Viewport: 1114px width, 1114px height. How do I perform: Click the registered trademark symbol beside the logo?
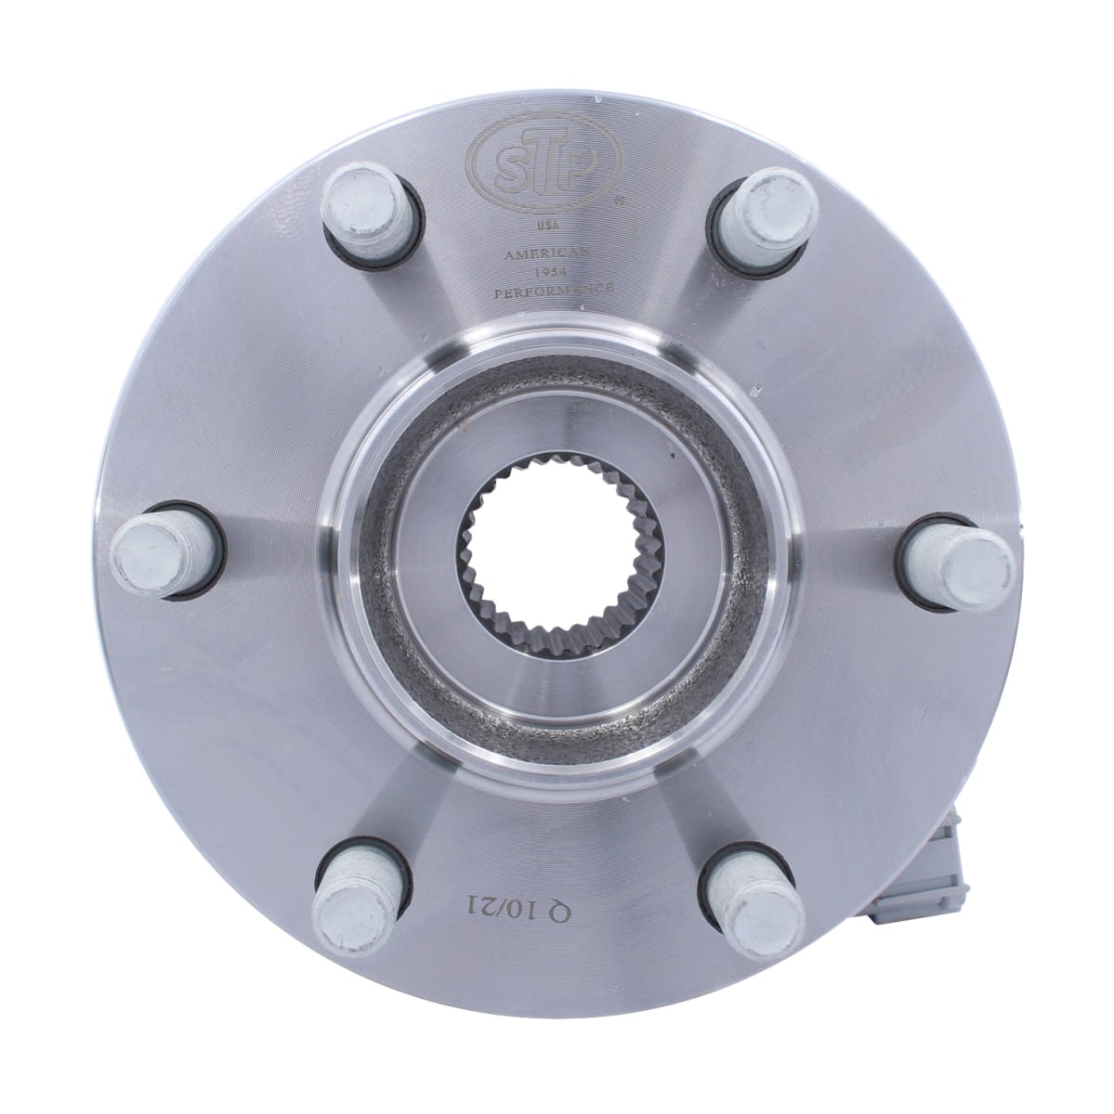tap(620, 199)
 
